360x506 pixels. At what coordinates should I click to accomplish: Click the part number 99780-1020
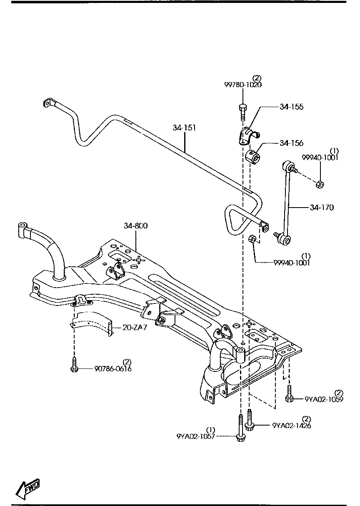[x=243, y=85]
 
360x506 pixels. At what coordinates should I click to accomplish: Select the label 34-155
[x=291, y=107]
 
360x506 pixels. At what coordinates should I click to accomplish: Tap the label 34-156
[x=291, y=143]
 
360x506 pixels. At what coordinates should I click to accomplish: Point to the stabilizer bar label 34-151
[x=184, y=128]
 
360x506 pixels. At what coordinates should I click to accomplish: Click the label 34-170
[x=321, y=207]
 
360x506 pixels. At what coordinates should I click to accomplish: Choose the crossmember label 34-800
[x=135, y=225]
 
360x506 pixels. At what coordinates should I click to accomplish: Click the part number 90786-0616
[x=113, y=368]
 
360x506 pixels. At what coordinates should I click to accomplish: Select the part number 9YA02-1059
[x=324, y=399]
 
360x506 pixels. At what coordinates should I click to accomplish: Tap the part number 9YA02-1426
[x=291, y=426]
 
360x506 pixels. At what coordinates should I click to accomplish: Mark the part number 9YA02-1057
[x=196, y=436]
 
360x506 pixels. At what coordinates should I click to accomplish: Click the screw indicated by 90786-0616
[x=74, y=364]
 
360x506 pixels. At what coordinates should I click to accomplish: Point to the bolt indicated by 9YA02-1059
[x=289, y=394]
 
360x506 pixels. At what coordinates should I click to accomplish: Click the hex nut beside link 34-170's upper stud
[x=320, y=184]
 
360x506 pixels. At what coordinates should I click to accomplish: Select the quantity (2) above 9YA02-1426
[x=306, y=418]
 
